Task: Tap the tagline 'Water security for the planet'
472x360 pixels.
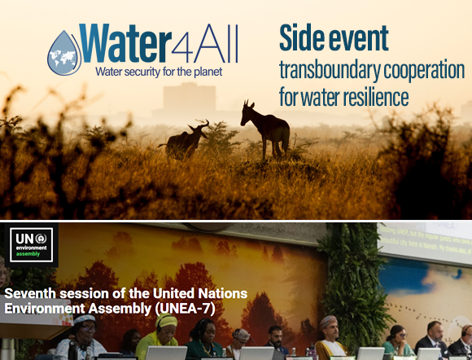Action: click(158, 72)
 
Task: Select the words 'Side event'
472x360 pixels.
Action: click(334, 37)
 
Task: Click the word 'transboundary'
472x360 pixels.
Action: click(321, 70)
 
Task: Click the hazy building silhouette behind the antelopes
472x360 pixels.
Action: click(179, 98)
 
